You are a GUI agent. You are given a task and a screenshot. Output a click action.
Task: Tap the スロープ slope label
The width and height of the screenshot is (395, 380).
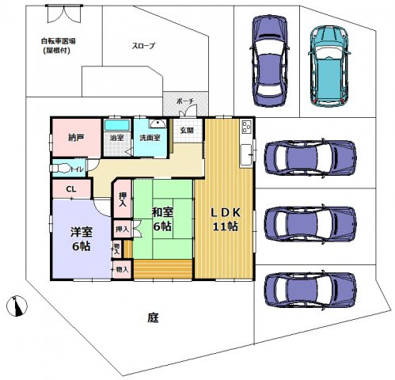pos(143,46)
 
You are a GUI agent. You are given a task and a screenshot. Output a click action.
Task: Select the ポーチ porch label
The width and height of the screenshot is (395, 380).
pos(184,102)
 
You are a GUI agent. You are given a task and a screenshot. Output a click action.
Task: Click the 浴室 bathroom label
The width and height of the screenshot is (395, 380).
pos(116,138)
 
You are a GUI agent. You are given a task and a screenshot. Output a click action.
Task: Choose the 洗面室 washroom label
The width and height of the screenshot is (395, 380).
pos(150,138)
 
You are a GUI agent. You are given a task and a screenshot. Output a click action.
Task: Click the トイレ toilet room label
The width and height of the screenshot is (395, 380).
pos(78,169)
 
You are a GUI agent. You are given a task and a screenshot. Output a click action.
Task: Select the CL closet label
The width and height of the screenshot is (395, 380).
pos(71,189)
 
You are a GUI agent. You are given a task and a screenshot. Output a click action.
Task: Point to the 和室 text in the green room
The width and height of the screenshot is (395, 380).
pos(163,211)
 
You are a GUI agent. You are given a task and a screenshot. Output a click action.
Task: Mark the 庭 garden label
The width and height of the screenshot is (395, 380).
pos(152,317)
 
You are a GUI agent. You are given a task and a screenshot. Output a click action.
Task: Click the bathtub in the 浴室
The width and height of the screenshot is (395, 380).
pos(116,125)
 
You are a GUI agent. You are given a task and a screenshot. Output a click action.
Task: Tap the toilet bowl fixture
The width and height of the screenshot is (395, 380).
pos(60,168)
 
